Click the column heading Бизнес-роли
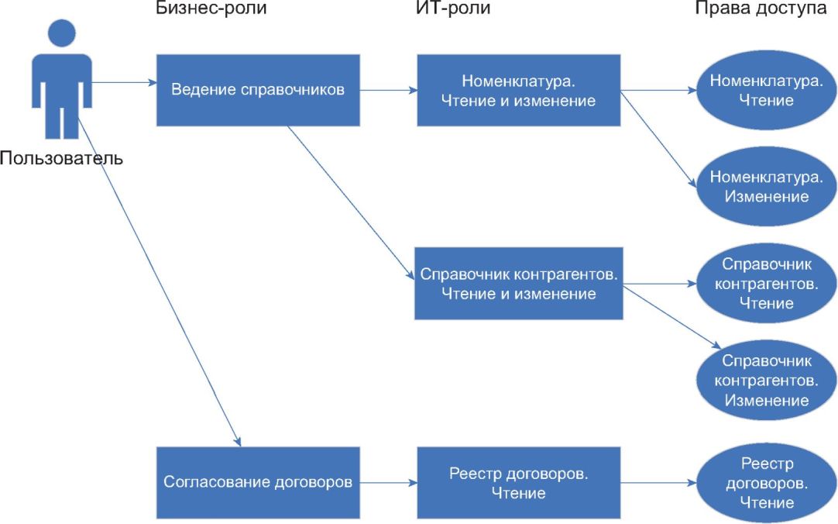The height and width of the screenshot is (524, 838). [x=205, y=9]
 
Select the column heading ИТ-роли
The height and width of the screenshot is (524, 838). [x=453, y=9]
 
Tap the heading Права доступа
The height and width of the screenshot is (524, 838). [x=760, y=9]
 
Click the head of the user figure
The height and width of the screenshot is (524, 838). [x=62, y=33]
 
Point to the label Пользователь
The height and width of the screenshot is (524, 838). [x=61, y=159]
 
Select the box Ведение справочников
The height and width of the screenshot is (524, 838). [x=258, y=90]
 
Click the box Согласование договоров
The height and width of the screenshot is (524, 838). [x=258, y=482]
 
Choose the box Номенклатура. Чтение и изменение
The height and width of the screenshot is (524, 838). [x=518, y=90]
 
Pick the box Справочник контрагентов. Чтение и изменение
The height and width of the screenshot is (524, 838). [x=518, y=284]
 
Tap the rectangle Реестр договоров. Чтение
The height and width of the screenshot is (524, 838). [x=518, y=482]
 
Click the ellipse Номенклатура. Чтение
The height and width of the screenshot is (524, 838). [x=767, y=90]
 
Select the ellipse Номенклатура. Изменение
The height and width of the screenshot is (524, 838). [x=767, y=186]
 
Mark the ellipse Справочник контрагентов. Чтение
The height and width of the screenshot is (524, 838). [x=767, y=284]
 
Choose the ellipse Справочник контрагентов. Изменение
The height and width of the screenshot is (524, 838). [x=767, y=381]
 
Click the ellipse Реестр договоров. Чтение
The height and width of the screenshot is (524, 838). [x=767, y=482]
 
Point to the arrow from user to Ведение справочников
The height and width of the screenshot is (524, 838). [x=124, y=82]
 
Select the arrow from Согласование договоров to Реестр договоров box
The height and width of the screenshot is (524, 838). [x=388, y=482]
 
